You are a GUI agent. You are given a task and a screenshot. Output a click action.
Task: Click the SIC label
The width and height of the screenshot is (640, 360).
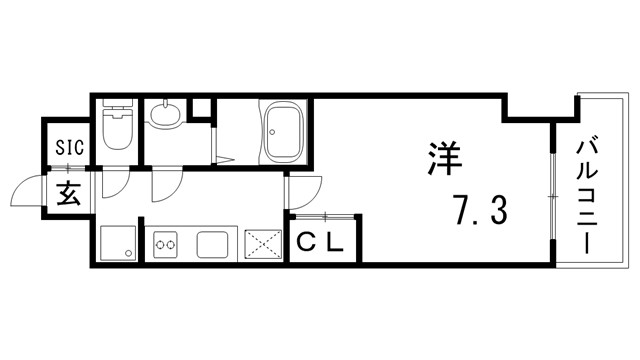click(69, 147)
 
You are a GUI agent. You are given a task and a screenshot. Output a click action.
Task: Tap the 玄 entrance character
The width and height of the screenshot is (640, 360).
click(69, 194)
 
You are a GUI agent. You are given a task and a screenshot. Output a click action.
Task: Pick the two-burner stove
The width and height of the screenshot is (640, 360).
click(165, 243)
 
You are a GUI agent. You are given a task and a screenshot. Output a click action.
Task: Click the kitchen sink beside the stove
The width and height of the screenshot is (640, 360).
click(214, 243)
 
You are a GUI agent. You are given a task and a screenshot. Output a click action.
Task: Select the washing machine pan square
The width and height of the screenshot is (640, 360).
click(118, 243)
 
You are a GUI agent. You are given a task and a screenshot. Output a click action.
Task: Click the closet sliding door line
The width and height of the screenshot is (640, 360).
click(322, 216)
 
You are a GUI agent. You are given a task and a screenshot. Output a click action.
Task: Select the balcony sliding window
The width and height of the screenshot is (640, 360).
click(550, 196)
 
